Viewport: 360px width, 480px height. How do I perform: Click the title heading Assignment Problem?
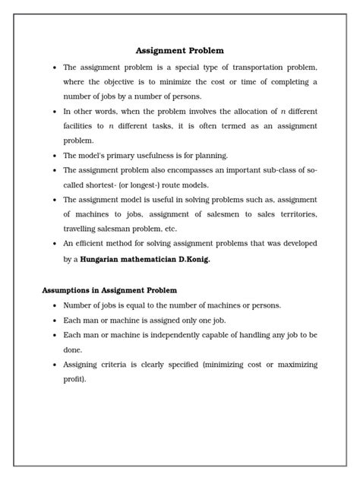[180, 51]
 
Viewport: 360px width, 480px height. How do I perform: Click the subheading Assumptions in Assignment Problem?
[109, 290]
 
